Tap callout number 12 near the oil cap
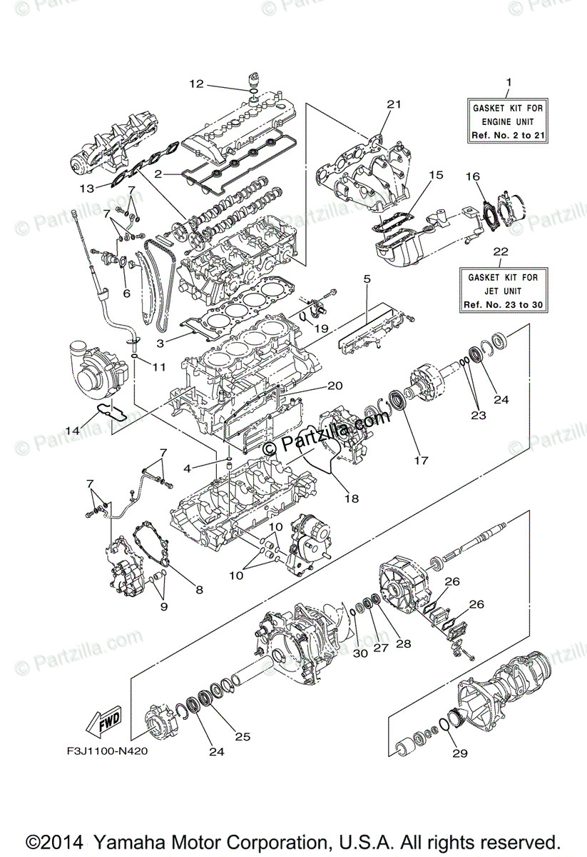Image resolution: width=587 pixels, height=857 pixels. click(196, 84)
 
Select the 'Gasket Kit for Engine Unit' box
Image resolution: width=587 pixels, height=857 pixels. click(508, 121)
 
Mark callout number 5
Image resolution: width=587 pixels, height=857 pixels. click(367, 280)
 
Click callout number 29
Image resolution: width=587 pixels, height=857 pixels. click(455, 753)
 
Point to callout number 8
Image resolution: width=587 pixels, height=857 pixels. click(199, 590)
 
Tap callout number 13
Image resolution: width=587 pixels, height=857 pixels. click(86, 189)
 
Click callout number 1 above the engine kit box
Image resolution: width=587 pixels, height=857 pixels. click(509, 82)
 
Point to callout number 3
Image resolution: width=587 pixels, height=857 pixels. click(160, 344)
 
